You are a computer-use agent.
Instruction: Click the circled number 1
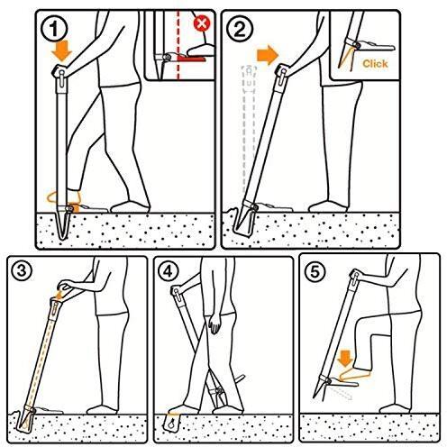coord(54,29)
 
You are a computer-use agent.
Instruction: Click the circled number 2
coord(240,29)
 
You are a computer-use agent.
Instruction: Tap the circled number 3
coord(22,271)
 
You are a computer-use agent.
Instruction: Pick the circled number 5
coord(315,272)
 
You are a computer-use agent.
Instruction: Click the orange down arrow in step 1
coord(61,51)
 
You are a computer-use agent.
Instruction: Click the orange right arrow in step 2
coord(268,55)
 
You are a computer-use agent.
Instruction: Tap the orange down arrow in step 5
coord(345,359)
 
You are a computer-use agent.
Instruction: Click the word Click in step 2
coord(375,63)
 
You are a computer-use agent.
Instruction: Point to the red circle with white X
coord(202,23)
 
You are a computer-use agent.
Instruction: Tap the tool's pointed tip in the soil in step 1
coord(62,238)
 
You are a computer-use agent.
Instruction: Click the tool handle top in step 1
coord(60,72)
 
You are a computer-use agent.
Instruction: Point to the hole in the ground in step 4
coord(172,423)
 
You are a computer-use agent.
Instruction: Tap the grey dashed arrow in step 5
coord(341,393)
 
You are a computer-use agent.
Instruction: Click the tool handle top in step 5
coord(355,276)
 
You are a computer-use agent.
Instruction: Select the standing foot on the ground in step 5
coord(395,408)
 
